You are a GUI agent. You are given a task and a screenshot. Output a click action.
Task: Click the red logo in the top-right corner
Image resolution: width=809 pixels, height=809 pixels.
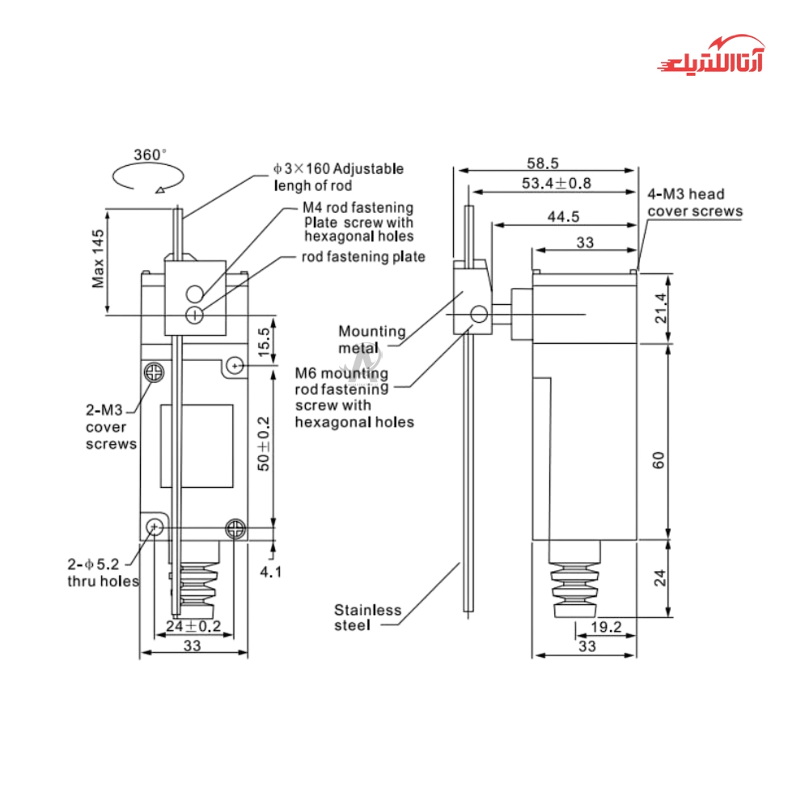click(709, 55)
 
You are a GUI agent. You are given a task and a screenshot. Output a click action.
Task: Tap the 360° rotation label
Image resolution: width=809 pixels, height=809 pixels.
click(150, 154)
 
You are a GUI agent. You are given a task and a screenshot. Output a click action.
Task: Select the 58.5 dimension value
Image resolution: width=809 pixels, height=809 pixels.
click(542, 163)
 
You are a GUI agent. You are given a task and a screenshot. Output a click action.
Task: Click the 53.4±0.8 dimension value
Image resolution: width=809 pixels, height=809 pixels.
click(556, 184)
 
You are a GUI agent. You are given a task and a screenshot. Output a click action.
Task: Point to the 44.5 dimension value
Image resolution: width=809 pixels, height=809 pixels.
click(563, 216)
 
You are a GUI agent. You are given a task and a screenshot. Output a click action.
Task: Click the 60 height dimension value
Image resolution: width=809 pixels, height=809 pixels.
click(659, 460)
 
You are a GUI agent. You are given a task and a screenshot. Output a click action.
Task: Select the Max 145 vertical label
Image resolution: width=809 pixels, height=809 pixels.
click(98, 259)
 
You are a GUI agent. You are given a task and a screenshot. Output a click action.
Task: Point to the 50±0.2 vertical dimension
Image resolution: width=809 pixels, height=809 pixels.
click(263, 444)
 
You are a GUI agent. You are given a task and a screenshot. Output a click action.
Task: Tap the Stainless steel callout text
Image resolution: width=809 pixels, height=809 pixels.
click(368, 617)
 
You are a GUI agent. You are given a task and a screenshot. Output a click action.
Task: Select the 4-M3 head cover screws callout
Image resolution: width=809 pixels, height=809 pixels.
click(694, 202)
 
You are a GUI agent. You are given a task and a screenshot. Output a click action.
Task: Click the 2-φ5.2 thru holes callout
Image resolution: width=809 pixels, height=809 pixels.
click(102, 572)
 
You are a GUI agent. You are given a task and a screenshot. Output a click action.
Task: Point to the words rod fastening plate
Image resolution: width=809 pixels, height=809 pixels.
click(363, 257)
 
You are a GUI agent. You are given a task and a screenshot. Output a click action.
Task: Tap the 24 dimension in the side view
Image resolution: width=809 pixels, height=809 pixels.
click(659, 577)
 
